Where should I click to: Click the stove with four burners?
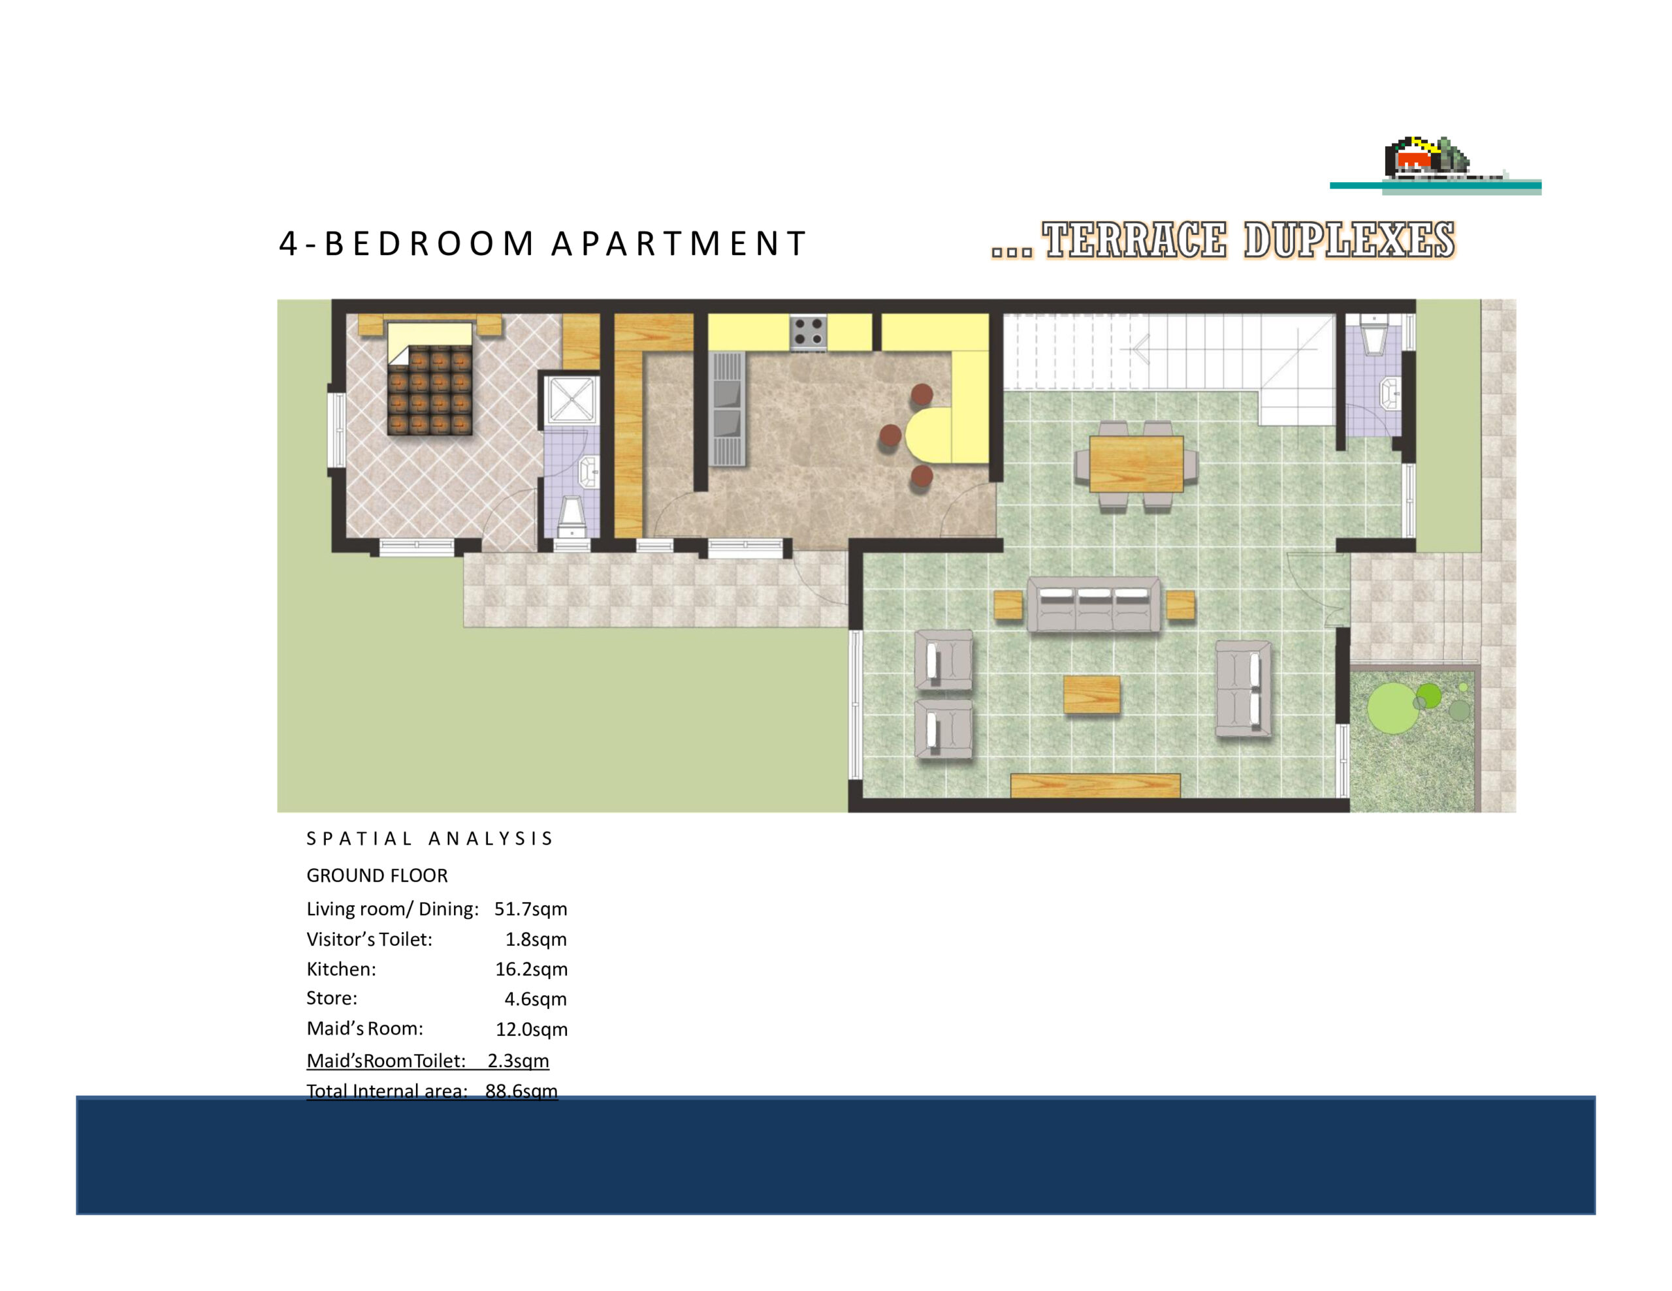pos(808,332)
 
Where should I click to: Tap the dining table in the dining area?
pos(1136,464)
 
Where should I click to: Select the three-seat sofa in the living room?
pos(1093,604)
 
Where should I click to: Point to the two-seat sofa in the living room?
pos(1244,689)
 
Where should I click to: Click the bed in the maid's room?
pos(430,379)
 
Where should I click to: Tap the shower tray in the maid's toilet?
pos(571,399)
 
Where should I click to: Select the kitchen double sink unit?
pos(726,409)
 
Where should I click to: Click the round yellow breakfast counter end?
pos(928,435)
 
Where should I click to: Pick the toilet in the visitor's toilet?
pos(1374,334)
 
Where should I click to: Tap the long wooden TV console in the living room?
pos(1095,785)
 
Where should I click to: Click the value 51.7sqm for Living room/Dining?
pos(530,909)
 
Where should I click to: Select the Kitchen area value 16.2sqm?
pos(531,970)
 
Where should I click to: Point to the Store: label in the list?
pos(332,998)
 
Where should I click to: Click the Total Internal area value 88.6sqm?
pos(521,1091)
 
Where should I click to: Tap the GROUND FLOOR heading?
pos(377,875)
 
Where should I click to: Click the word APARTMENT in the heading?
pos(679,243)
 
